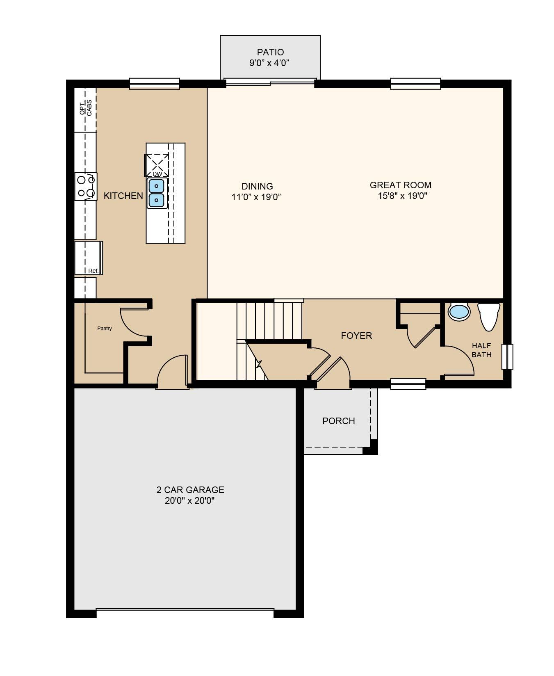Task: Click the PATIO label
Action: [x=270, y=53]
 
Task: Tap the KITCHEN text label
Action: [x=123, y=196]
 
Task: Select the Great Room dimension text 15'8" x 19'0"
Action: [x=403, y=196]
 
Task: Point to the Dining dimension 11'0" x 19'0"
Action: [x=256, y=197]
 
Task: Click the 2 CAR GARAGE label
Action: [x=190, y=490]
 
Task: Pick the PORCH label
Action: [x=339, y=421]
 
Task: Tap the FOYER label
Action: [x=357, y=336]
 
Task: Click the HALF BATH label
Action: [x=481, y=350]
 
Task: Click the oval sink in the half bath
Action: [x=459, y=312]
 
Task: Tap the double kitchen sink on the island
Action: [x=157, y=193]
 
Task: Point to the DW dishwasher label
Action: [x=157, y=174]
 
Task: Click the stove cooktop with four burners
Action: [x=86, y=187]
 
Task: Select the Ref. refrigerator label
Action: [x=93, y=271]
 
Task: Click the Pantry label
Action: [x=105, y=329]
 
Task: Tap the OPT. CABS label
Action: [x=86, y=107]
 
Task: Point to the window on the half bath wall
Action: [x=508, y=356]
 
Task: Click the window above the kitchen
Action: [x=155, y=84]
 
